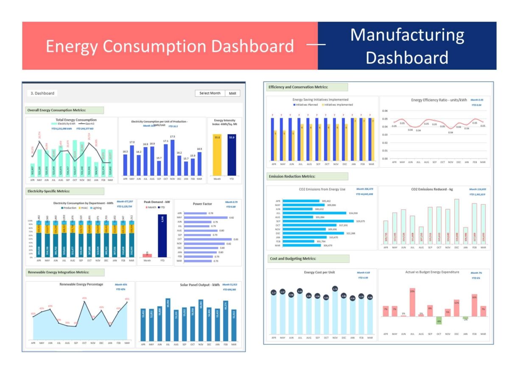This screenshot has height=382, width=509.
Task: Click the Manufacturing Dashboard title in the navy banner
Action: (407, 46)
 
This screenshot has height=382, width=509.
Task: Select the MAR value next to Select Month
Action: (232, 93)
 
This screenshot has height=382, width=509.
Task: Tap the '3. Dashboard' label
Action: (42, 93)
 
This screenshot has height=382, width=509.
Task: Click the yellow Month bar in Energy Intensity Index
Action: (217, 155)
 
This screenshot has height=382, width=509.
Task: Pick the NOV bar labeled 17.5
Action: (172, 157)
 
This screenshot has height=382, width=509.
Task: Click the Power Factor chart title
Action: (202, 204)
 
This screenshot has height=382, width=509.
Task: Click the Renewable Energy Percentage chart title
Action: (81, 284)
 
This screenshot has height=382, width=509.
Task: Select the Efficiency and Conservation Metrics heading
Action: (298, 87)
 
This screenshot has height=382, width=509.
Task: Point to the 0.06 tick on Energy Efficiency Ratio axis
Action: (385, 111)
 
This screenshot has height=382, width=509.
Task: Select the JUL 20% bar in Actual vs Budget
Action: (412, 302)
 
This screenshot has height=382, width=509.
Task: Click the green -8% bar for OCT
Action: (439, 320)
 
